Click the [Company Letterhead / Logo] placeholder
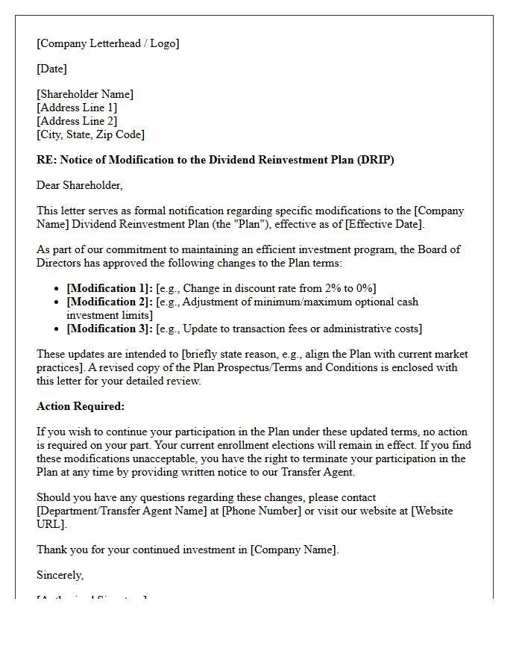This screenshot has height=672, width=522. (x=108, y=43)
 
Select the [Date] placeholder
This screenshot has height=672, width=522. (x=51, y=69)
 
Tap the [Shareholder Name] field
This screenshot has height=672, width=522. (x=85, y=94)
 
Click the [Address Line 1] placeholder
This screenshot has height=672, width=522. (x=77, y=108)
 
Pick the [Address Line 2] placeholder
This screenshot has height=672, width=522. (x=77, y=121)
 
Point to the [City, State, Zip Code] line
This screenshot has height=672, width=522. (x=90, y=134)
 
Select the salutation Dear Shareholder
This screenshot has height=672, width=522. (x=79, y=185)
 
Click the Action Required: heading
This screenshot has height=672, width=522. (x=81, y=406)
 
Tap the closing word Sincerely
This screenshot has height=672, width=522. (x=60, y=575)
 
